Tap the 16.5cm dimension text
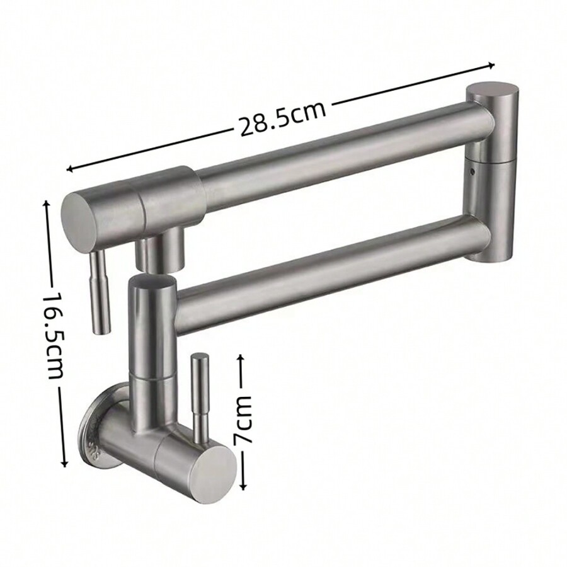coord(54,333)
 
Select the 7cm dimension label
coord(243,420)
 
